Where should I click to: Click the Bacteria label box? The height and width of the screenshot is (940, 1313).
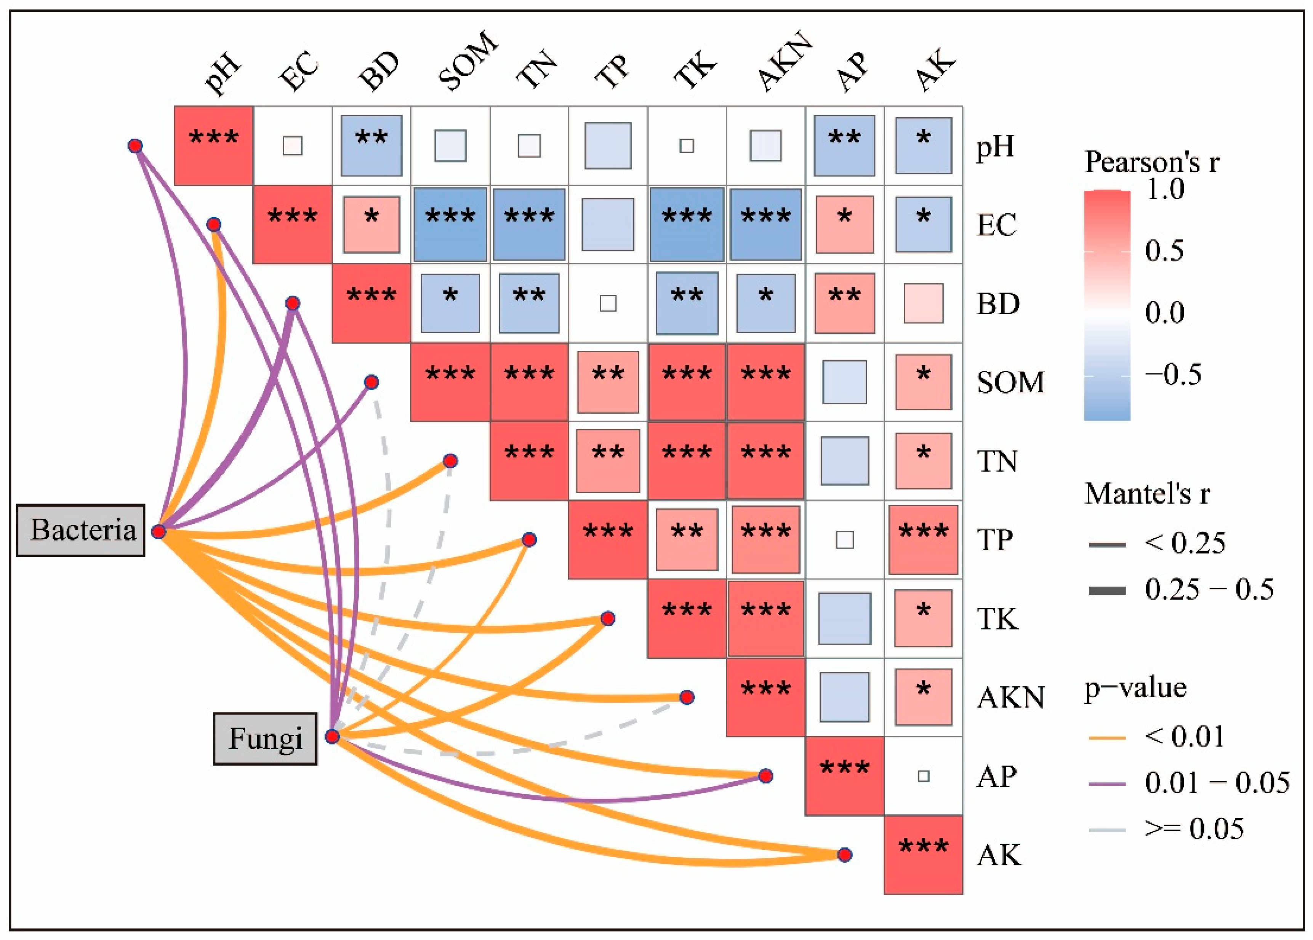click(80, 530)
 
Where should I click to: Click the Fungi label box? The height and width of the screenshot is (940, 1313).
click(265, 739)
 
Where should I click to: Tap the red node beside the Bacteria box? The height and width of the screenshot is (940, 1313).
click(159, 531)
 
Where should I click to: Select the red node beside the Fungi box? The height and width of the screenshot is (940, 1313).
click(332, 736)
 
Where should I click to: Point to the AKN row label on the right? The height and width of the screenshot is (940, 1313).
click(1010, 697)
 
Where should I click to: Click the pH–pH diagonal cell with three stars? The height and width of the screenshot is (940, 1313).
click(214, 145)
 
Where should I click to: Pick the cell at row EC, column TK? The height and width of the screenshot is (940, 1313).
click(687, 225)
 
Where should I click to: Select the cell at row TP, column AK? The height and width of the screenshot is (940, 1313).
click(923, 539)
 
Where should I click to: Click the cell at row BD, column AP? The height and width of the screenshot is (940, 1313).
click(845, 303)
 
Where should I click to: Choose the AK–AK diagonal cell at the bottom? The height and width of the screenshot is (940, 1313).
click(923, 855)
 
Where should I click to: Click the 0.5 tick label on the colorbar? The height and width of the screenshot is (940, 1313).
click(1164, 251)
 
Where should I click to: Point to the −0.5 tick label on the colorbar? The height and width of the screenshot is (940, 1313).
click(1173, 374)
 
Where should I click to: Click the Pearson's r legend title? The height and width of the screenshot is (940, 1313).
click(1151, 161)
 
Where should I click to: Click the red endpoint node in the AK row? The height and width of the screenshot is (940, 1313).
click(845, 855)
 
